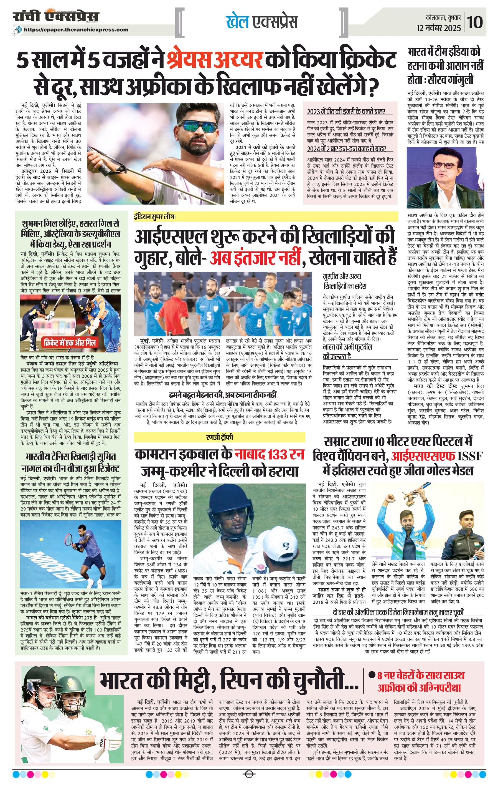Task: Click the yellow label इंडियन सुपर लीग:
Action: click(x=155, y=216)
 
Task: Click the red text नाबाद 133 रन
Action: click(x=269, y=454)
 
